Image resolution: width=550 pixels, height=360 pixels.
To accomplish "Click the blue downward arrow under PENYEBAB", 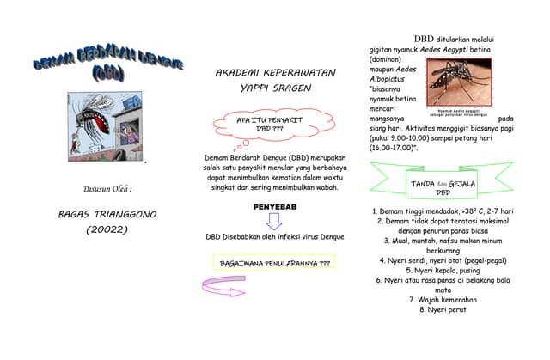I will click(274, 222).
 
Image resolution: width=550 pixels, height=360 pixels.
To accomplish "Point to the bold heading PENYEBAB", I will click(274, 207).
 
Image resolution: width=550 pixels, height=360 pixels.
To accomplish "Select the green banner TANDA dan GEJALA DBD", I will click(443, 187).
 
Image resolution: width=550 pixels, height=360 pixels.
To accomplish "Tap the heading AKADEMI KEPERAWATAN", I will click(275, 73).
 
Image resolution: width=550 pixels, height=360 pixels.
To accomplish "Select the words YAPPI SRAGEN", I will click(275, 88).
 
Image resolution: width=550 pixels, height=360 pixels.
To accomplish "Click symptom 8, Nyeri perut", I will click(443, 309).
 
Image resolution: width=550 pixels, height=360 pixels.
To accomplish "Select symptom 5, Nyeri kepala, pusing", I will click(443, 270).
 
